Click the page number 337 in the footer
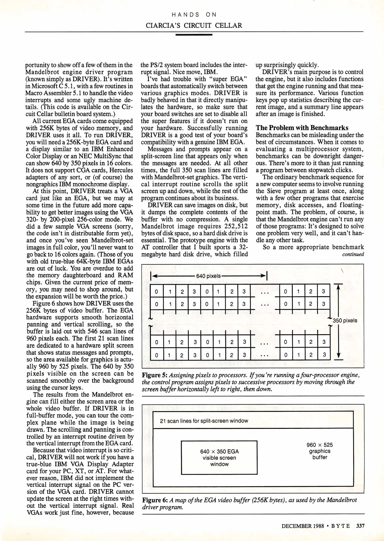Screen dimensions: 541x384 [x=360, y=526]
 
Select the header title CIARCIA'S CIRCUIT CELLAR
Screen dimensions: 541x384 [x=194, y=26]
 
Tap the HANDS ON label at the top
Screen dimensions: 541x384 [x=194, y=15]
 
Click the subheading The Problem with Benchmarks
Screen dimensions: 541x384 [x=302, y=128]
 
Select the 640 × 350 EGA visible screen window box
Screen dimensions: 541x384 [x=219, y=458]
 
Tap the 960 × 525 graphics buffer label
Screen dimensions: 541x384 [x=319, y=451]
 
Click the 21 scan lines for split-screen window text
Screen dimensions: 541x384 [x=204, y=421]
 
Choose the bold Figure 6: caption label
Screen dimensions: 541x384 [x=154, y=500]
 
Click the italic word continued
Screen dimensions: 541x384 [x=353, y=254]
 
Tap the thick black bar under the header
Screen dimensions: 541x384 [x=194, y=35]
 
